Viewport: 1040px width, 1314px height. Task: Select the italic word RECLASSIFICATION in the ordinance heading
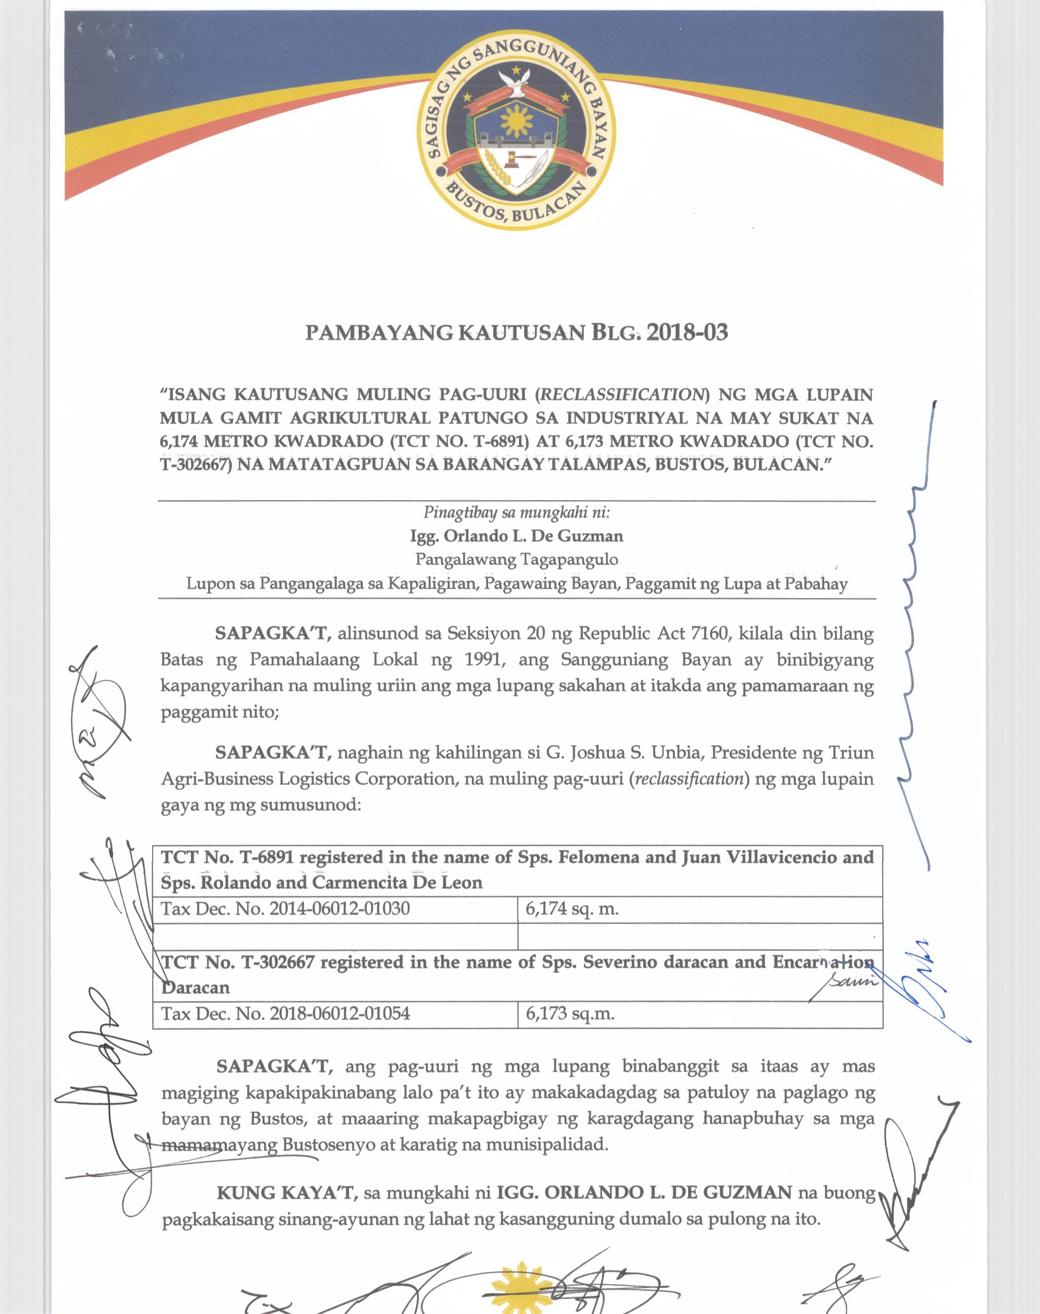point(621,395)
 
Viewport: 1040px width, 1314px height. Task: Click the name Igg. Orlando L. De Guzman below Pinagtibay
point(516,536)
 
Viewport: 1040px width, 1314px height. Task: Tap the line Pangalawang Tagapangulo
point(516,559)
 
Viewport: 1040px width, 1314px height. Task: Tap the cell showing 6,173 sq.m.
point(569,1014)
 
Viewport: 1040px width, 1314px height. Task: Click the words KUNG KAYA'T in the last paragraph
point(286,1192)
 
